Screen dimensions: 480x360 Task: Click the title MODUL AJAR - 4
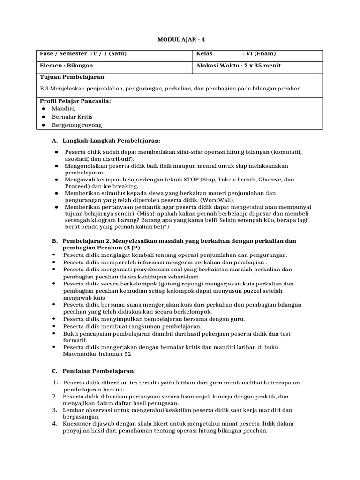[180, 41]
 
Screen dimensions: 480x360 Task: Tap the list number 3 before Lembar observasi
[55, 410]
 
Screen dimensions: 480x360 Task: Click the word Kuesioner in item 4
[79, 424]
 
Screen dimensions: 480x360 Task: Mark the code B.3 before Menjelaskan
[46, 88]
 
